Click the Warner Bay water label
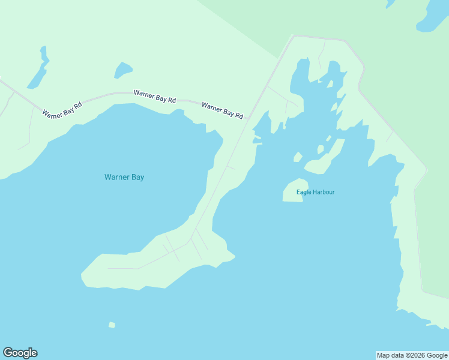click(124, 177)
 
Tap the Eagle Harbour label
click(315, 192)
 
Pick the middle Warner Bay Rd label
click(154, 96)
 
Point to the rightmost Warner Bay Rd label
click(222, 110)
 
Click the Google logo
click(20, 353)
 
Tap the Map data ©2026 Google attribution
click(412, 355)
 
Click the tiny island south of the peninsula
click(112, 325)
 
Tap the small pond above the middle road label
click(122, 70)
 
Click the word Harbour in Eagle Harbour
click(324, 192)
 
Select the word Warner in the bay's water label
click(115, 177)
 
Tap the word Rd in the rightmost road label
click(238, 115)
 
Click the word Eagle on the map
click(304, 192)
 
